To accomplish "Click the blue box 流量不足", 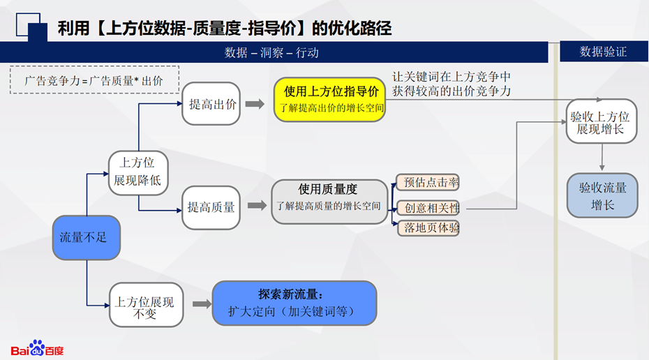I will [87, 238].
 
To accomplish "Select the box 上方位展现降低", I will [139, 171].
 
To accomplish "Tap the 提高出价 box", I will [211, 104].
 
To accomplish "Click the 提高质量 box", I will [211, 207].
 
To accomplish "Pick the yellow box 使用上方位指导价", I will [329, 99].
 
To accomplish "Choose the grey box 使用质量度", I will [329, 202].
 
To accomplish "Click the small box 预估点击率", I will [428, 183].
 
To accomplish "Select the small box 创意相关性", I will [428, 208].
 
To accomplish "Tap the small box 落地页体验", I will [428, 227].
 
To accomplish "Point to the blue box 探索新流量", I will [294, 303].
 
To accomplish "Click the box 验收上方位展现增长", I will [601, 121].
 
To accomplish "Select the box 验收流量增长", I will [602, 195].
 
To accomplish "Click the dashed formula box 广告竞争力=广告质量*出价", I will [94, 80].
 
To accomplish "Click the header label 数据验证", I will [603, 52].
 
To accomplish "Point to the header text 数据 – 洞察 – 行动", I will [272, 52].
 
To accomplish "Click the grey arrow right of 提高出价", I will [255, 104].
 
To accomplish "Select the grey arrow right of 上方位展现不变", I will [202, 303].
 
